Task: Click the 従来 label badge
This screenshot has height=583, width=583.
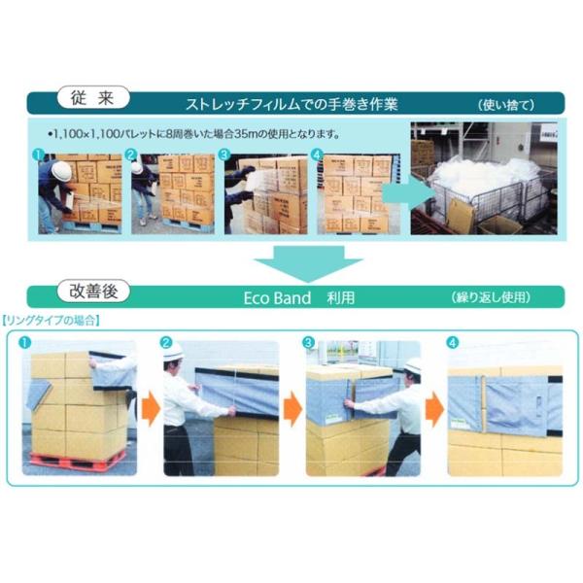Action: point(93,97)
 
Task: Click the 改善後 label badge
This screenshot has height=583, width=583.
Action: point(93,291)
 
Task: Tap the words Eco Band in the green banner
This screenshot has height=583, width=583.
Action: point(277,298)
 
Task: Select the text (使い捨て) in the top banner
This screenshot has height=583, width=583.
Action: point(506,105)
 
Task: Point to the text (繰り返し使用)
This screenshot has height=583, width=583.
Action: point(491,297)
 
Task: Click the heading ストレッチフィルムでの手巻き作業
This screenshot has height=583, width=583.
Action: point(291,105)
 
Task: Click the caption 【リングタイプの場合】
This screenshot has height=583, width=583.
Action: point(51,321)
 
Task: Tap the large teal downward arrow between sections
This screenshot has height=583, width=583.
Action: point(308,263)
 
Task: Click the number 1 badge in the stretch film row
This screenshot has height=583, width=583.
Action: point(38,154)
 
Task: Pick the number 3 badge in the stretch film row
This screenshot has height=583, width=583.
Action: point(223,154)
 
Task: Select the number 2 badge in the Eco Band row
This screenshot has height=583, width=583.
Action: point(166,342)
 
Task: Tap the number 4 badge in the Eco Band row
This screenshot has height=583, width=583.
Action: point(452,342)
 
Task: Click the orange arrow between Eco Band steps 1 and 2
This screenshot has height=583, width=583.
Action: point(151,409)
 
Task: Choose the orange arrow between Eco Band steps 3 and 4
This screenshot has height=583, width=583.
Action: point(434,409)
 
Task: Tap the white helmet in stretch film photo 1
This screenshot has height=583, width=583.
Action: point(61,171)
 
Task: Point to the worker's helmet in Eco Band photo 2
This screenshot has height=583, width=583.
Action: point(173,352)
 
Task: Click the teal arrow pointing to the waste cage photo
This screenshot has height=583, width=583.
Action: point(409,193)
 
